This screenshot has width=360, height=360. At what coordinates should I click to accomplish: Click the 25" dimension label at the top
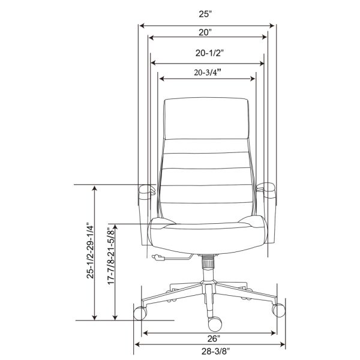pos(205,14)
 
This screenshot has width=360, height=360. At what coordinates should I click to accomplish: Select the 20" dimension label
pos(205,32)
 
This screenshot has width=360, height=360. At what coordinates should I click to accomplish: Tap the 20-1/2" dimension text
pos(209,53)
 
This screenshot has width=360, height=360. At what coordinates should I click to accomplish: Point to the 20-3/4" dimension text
pos(208,73)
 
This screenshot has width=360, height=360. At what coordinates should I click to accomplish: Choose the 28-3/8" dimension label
pos(215,351)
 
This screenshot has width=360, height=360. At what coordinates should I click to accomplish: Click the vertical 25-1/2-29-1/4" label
pos(90,250)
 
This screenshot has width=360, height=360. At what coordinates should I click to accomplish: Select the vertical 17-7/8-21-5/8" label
pos(111,256)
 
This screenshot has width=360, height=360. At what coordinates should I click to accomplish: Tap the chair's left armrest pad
pos(146,190)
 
